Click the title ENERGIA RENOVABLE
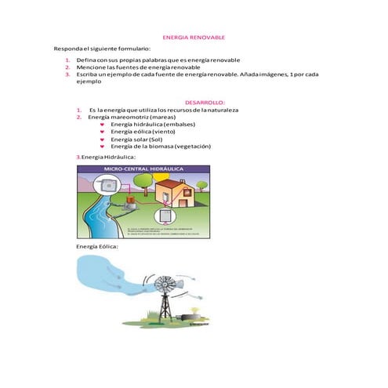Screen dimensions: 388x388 193,37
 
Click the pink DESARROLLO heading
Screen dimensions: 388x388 204,102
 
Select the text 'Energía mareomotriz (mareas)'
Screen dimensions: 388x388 132,117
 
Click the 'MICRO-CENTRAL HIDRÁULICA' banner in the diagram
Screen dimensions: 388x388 142,169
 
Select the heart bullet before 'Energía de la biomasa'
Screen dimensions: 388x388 103,146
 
